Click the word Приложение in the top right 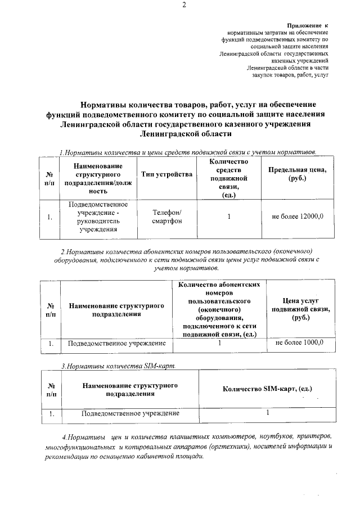point(305,26)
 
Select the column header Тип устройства point(166,174)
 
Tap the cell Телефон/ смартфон point(166,217)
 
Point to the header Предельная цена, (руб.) point(298,174)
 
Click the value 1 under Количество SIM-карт point(268,413)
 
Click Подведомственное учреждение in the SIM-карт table point(130,413)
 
